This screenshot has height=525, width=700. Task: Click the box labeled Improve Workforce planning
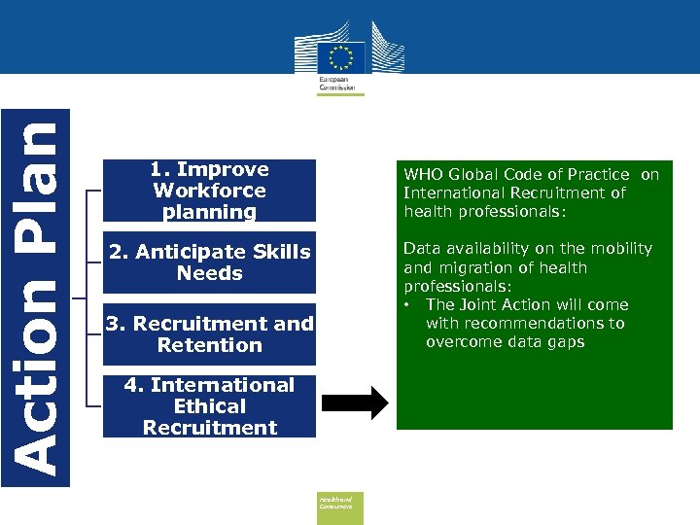pyautogui.click(x=210, y=191)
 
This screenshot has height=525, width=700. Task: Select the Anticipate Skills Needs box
pyautogui.click(x=210, y=262)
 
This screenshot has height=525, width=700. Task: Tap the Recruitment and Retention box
pyautogui.click(x=210, y=333)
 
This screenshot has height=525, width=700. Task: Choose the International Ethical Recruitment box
pyautogui.click(x=210, y=405)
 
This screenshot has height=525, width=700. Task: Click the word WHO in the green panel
pyautogui.click(x=422, y=174)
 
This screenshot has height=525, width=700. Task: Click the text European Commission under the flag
pyautogui.click(x=334, y=81)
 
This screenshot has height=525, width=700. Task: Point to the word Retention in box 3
pyautogui.click(x=210, y=345)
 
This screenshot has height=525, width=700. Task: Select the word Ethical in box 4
pyautogui.click(x=210, y=406)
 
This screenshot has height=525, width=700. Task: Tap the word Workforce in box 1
pyautogui.click(x=210, y=191)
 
